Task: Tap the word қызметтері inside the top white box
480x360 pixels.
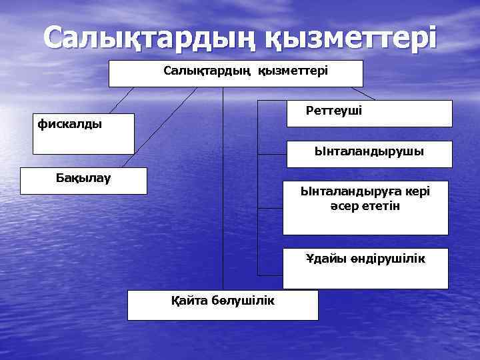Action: click(x=293, y=69)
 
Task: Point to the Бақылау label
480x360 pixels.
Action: click(x=83, y=177)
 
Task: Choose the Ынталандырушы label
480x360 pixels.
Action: click(x=369, y=151)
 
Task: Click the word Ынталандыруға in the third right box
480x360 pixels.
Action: click(x=347, y=191)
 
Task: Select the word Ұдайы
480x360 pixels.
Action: click(x=323, y=259)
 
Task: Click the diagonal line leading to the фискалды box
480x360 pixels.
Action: click(x=122, y=100)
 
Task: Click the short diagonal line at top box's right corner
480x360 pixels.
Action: click(x=363, y=93)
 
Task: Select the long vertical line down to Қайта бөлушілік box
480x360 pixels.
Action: click(x=223, y=193)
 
